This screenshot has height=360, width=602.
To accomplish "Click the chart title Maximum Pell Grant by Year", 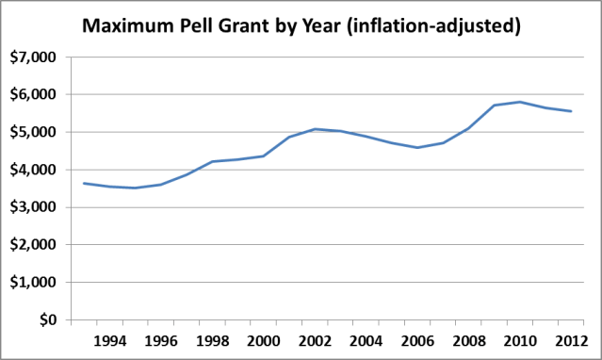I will coord(301,26).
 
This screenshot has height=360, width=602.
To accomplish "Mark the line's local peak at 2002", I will coord(315,129).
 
